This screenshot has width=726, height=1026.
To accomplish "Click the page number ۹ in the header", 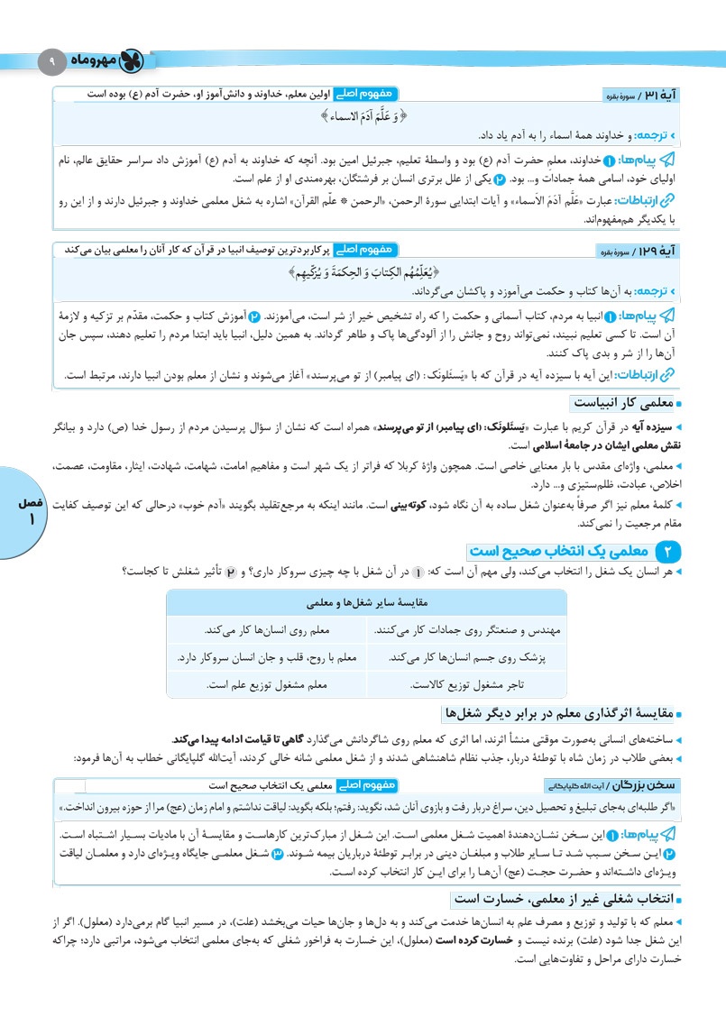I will click(x=51, y=61).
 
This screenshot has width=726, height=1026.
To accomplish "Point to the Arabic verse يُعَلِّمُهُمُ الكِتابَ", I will click(x=363, y=271).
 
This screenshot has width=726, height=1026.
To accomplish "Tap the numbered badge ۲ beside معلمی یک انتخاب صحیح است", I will click(x=667, y=551).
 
